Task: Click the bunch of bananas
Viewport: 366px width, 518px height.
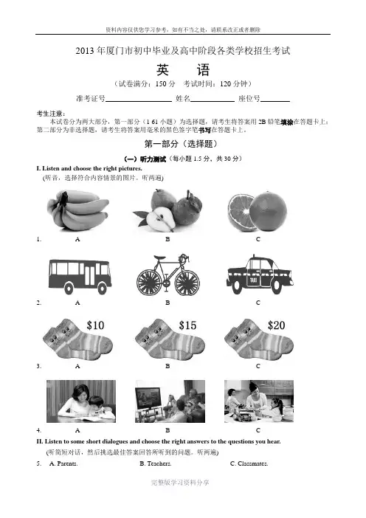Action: (77, 210)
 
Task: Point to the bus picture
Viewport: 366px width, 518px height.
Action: (80, 277)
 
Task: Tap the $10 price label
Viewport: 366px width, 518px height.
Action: (95, 325)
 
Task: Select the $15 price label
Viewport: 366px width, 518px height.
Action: (187, 325)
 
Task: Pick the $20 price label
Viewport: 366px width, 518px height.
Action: (276, 325)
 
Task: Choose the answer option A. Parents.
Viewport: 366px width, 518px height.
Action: (63, 463)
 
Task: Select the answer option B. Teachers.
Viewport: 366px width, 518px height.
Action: (155, 463)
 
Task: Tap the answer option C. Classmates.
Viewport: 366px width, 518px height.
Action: (249, 463)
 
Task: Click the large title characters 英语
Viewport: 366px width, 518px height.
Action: (183, 69)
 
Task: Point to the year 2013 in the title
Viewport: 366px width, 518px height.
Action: (85, 51)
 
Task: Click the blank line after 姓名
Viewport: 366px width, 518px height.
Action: (213, 101)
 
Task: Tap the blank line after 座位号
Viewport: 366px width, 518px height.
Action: (275, 101)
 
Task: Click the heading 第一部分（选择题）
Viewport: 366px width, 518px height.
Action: (181, 144)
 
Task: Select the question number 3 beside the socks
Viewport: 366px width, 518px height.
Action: (38, 366)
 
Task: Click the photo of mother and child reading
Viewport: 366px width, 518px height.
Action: (81, 401)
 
